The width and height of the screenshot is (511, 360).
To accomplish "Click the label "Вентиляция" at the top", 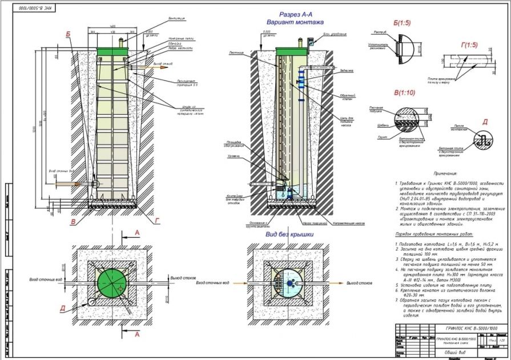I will tap(178, 19).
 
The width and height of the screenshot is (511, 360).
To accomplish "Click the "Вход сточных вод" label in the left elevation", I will tap(61, 171).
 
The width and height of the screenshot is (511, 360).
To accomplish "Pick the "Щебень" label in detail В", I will tap(367, 124).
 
